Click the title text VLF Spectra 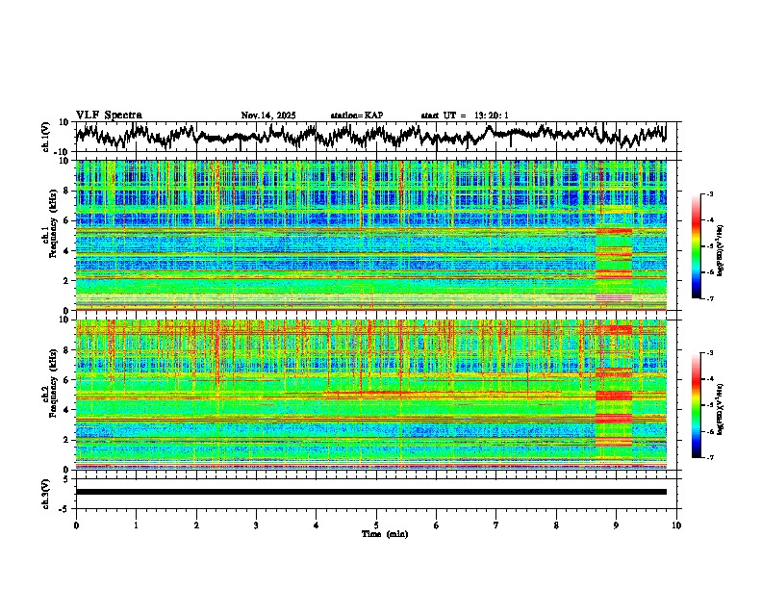[x=108, y=115]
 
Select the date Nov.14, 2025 [x=268, y=115]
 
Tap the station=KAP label [x=356, y=115]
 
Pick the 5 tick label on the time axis [x=376, y=525]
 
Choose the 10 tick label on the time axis [x=676, y=525]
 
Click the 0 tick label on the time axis [x=76, y=525]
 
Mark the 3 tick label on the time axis [x=256, y=525]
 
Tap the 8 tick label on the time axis [x=556, y=525]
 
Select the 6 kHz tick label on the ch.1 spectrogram [x=68, y=220]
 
